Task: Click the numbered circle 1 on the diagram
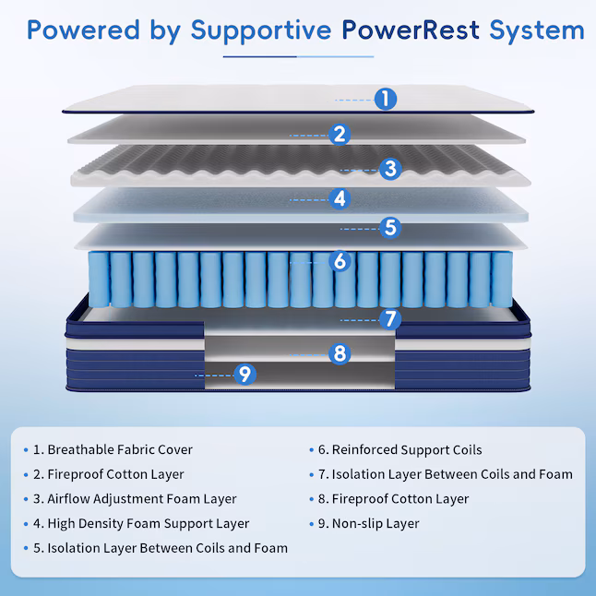coord(386,99)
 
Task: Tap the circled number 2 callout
coord(340,135)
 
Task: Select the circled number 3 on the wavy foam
coord(390,169)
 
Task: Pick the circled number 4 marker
coord(340,198)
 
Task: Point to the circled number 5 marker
coord(390,228)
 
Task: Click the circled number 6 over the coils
coord(340,261)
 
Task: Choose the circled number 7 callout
coord(390,319)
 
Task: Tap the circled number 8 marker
coord(340,354)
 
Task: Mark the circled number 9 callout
coord(245,375)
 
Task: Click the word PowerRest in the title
coord(411,30)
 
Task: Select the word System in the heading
coord(537,31)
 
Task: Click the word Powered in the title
coord(83,30)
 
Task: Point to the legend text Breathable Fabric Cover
coord(120,449)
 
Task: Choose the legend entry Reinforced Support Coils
coord(407,450)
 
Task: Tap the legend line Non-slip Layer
coord(375,524)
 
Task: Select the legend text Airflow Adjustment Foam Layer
coord(142,499)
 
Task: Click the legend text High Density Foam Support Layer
coord(149,524)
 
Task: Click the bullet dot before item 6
coord(311,450)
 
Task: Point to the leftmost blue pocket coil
coord(99,280)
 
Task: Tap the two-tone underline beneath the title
coord(298,56)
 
